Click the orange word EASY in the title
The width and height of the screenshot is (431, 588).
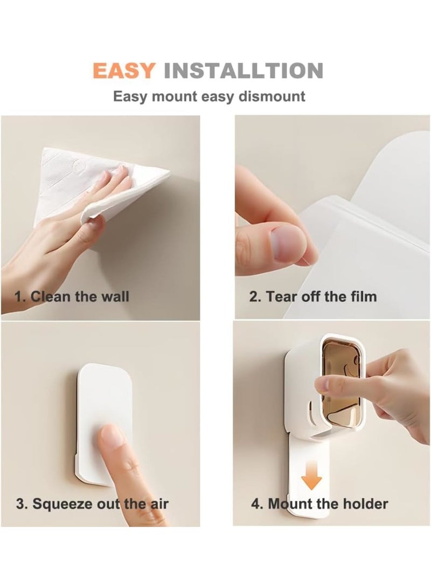point(124,71)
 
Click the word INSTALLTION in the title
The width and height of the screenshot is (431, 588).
point(243,71)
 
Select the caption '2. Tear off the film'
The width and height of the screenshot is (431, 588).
point(312,296)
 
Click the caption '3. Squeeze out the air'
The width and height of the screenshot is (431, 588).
point(92,504)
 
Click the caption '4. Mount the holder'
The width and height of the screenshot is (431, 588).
point(319,504)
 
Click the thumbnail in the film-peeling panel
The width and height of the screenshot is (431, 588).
point(289,243)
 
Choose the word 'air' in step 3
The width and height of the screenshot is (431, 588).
point(157,504)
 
